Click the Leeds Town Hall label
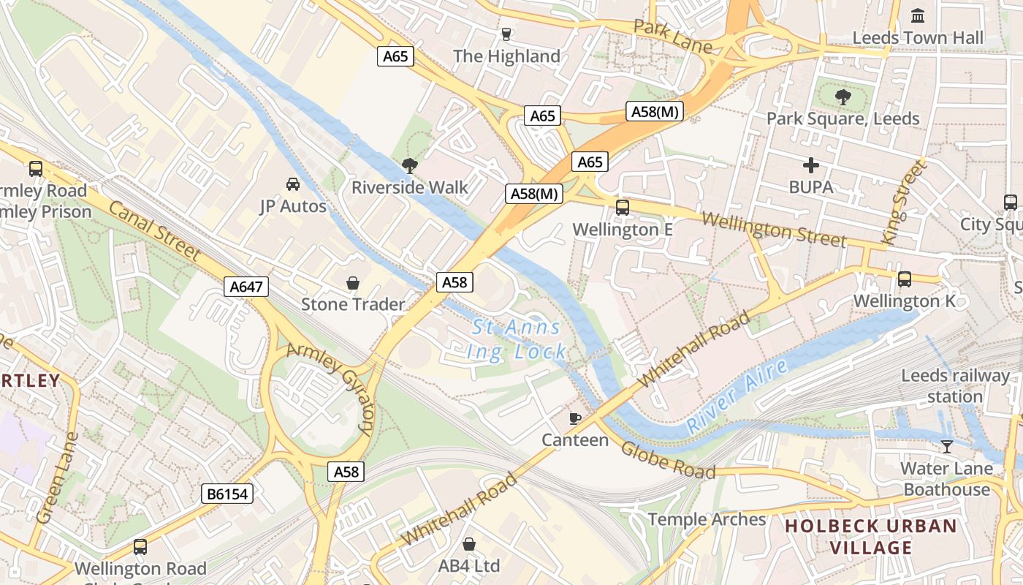point(917,38)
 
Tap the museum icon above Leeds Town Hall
point(918,15)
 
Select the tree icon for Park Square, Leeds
point(843,96)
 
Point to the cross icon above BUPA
point(810,165)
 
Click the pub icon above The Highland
point(506,34)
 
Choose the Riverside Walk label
point(410,187)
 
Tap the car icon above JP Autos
point(292,184)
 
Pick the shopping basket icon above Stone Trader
point(353,282)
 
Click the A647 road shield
point(246,287)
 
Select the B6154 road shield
point(227,494)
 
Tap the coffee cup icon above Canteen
point(575,418)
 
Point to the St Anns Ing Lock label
point(517,340)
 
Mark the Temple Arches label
point(707,520)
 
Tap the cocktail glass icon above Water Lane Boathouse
point(947,446)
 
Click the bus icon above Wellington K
point(905,279)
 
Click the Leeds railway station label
point(954,386)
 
